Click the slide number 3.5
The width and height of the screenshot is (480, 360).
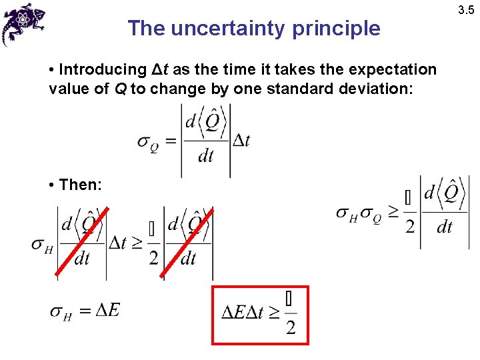465,9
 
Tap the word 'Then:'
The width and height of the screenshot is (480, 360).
80,185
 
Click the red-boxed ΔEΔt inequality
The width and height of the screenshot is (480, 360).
260,315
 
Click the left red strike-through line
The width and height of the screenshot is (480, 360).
81,241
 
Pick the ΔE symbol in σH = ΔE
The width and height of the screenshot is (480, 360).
107,310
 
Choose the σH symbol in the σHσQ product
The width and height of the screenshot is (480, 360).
347,214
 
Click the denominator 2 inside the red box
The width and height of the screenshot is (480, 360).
291,327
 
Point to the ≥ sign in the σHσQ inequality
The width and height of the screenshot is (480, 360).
394,213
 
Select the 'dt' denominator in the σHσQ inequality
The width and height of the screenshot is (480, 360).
444,228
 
